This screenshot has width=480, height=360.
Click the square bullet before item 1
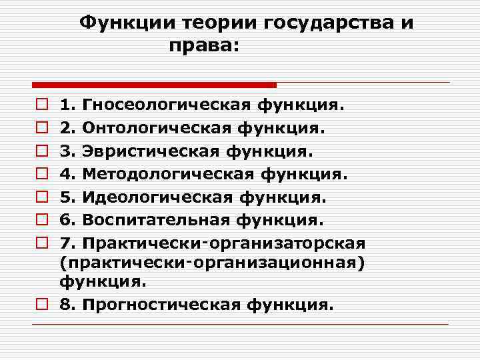(x=41, y=105)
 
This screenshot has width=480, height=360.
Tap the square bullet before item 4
(x=41, y=175)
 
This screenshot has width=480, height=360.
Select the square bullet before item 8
(x=41, y=305)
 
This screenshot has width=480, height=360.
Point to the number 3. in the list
(x=67, y=151)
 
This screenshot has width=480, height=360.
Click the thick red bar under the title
(x=154, y=85)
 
